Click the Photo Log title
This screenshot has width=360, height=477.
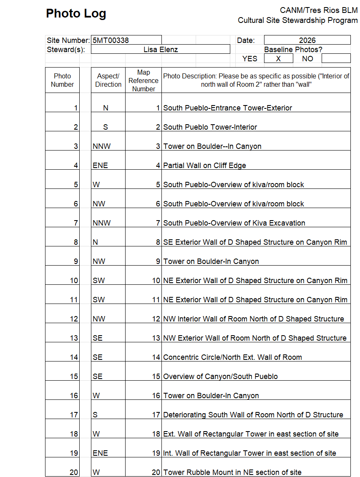[76, 14]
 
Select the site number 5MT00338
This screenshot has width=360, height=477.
[111, 40]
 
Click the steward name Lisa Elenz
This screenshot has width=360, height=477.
[160, 50]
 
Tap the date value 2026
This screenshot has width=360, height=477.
[307, 40]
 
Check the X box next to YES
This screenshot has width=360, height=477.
[278, 59]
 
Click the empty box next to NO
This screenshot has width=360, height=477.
[336, 59]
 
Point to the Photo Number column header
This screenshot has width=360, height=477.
[62, 80]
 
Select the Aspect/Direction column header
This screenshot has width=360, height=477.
[108, 80]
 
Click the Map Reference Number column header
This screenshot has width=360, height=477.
[143, 80]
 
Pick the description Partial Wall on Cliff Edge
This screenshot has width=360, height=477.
[204, 166]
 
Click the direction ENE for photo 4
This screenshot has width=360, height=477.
[100, 166]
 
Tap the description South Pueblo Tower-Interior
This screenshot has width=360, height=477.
[210, 127]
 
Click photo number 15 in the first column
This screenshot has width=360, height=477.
[74, 377]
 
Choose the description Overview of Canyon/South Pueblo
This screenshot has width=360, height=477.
[220, 377]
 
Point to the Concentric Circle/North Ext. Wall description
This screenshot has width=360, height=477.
[232, 357]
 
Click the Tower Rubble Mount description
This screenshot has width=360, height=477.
[232, 472]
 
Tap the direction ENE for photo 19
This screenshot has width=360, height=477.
[100, 453]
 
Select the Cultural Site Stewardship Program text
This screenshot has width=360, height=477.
[297, 20]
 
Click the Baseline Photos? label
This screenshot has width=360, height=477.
[293, 50]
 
